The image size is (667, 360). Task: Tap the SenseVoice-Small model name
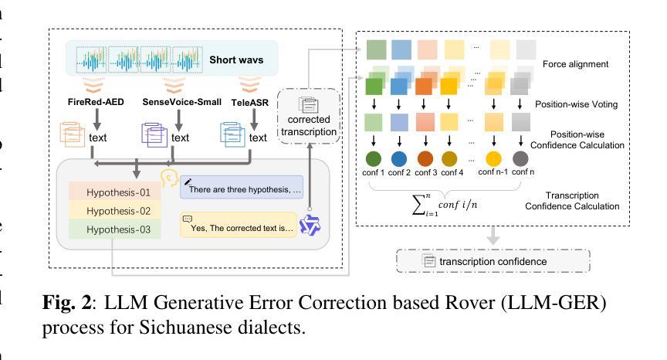pos(181,102)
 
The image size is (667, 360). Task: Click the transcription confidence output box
pos(493,261)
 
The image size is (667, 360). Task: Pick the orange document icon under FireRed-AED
pos(73,136)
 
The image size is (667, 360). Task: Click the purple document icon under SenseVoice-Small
pos(153,136)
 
